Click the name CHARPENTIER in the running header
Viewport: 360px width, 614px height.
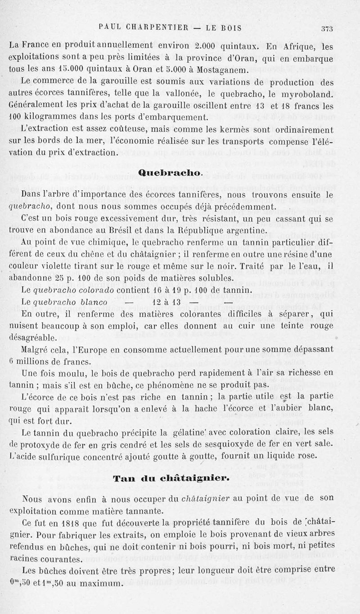click(159, 28)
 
